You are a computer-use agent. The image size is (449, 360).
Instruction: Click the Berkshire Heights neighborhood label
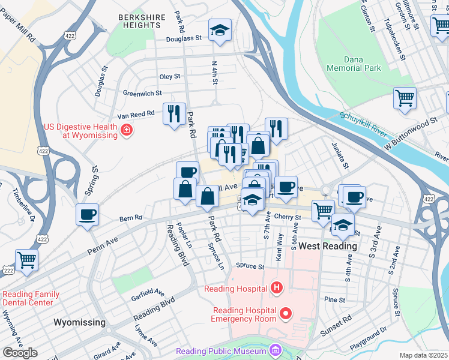[x=142, y=22]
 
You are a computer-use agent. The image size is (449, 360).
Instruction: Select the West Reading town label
[x=328, y=246]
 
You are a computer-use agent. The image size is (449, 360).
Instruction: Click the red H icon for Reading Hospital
[x=276, y=289]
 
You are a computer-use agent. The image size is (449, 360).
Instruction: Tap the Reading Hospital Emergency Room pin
[x=286, y=313]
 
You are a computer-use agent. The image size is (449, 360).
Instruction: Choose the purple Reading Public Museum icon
[x=275, y=350]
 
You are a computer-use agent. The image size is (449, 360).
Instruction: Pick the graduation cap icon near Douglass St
[x=220, y=31]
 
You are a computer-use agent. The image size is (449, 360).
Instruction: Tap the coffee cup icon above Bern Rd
[x=88, y=215]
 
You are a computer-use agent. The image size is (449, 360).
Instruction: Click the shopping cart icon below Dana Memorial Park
[x=405, y=98]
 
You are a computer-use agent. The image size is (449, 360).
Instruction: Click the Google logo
[x=20, y=352]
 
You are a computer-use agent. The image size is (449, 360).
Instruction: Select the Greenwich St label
[x=142, y=93]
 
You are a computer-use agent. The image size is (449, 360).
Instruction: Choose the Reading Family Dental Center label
[x=31, y=298]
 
